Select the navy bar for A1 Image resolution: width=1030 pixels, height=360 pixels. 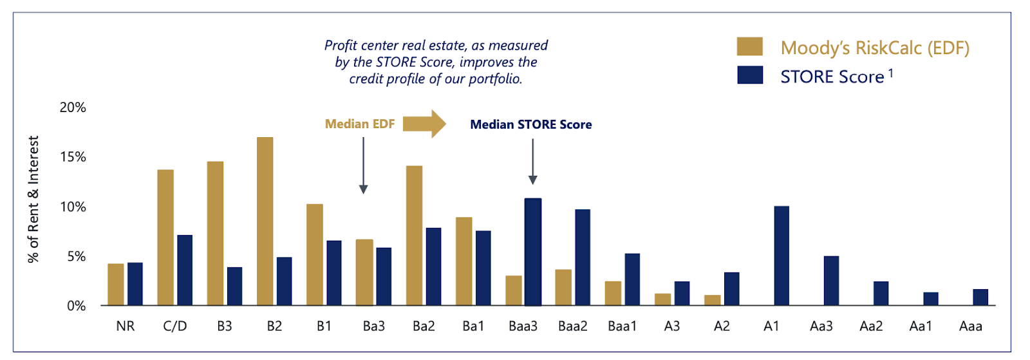[x=781, y=256]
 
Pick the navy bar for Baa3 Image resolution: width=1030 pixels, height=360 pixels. [x=532, y=252]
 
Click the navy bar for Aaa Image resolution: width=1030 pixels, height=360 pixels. [x=980, y=297]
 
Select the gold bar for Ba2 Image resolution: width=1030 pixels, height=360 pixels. [x=414, y=235]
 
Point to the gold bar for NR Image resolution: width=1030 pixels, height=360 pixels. [x=116, y=284]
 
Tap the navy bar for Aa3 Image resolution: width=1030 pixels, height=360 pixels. [x=831, y=280]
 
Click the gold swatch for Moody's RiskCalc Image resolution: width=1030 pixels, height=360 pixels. [x=749, y=47]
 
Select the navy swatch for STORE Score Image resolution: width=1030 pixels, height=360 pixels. [x=749, y=75]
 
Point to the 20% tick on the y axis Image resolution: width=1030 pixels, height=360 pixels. [x=73, y=108]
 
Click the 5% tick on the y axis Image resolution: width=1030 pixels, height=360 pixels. [x=76, y=256]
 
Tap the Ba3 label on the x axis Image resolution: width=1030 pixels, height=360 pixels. [x=373, y=327]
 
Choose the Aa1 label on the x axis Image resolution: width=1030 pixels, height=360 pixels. [x=921, y=327]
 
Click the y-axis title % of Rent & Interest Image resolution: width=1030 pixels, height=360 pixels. [x=33, y=199]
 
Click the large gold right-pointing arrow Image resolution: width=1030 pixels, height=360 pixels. [x=424, y=123]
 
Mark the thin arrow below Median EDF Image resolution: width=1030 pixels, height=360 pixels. [x=363, y=165]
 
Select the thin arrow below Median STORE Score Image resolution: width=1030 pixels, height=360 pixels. [x=532, y=162]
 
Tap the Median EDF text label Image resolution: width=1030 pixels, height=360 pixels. [x=359, y=124]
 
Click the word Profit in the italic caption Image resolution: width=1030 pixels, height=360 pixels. [x=341, y=46]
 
